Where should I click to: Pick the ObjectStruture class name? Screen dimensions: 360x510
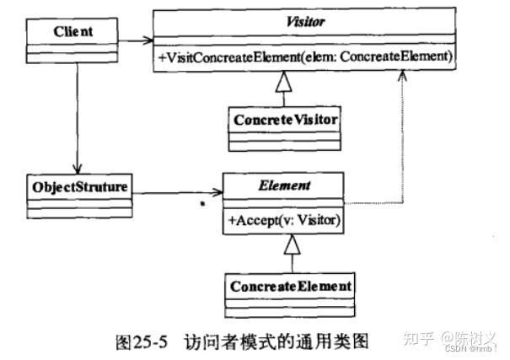pyautogui.click(x=78, y=185)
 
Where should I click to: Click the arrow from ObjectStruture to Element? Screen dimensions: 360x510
pyautogui.click(x=177, y=194)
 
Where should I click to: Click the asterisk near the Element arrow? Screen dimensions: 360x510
pyautogui.click(x=203, y=205)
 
